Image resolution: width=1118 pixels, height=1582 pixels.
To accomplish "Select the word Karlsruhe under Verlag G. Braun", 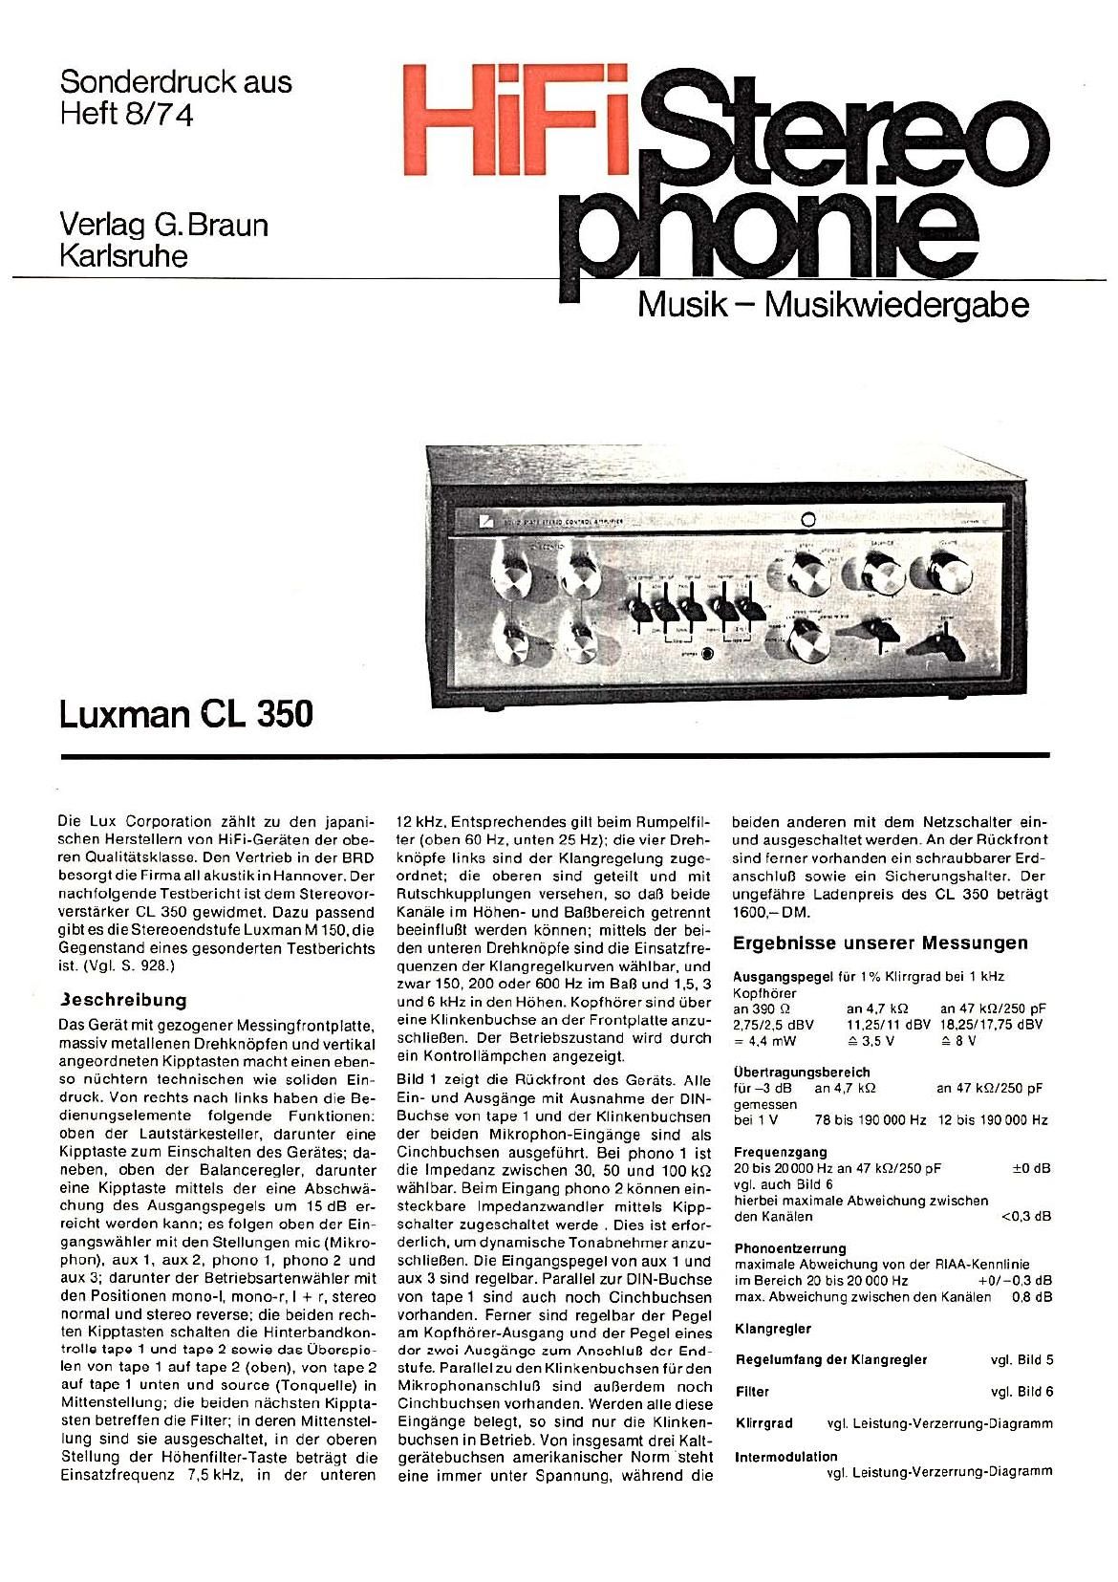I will (x=123, y=256).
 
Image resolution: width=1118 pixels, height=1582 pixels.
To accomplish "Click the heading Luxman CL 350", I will (x=185, y=714).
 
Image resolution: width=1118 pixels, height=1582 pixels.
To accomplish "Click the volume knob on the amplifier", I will (x=944, y=575).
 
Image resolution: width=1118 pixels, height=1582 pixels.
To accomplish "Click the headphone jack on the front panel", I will (x=706, y=655).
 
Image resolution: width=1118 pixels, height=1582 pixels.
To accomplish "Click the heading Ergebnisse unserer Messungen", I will (x=879, y=943).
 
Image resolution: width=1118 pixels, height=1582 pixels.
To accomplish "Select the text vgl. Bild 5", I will (x=1021, y=1359).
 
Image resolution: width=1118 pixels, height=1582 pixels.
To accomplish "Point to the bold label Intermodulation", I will (x=785, y=1457).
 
